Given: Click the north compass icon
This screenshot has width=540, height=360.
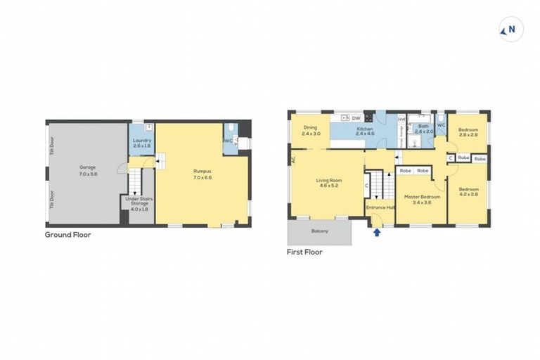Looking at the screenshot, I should (x=508, y=30).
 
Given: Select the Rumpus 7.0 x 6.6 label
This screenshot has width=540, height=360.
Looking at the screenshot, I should (x=202, y=174).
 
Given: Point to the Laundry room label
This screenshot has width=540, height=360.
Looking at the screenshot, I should (x=141, y=143).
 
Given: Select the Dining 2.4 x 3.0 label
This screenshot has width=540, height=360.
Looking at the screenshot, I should (x=311, y=130).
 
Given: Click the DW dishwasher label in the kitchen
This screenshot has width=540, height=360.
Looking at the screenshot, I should (x=356, y=118).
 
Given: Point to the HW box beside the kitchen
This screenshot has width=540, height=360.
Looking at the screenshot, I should (x=401, y=119).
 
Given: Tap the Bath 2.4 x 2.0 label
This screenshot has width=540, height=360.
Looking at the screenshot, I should (x=424, y=129).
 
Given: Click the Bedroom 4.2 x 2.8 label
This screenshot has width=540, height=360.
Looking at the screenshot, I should (x=468, y=192).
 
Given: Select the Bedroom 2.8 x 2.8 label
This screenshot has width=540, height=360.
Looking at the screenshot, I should (x=468, y=132).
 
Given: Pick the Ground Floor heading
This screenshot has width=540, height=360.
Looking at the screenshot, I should (x=67, y=235).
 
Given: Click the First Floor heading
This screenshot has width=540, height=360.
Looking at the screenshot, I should (x=304, y=251).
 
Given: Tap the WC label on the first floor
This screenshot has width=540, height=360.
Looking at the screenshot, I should (x=442, y=125).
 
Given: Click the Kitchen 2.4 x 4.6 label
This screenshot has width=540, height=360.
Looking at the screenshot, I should (x=364, y=132).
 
